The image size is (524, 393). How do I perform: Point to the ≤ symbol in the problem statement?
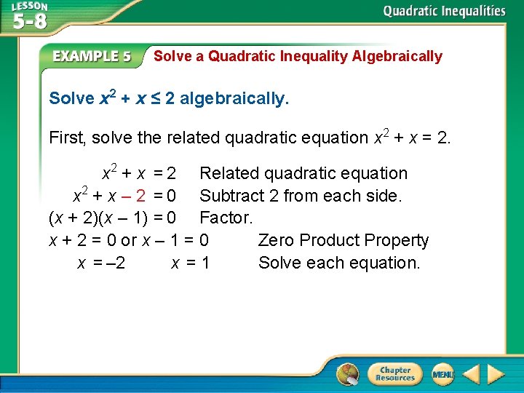pyautogui.click(x=154, y=98)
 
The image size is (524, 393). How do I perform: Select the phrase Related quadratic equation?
pyautogui.click(x=303, y=173)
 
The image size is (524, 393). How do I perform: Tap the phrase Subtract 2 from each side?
pyautogui.click(x=301, y=196)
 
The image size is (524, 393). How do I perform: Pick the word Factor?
pyautogui.click(x=226, y=218)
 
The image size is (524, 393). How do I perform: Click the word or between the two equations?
pyautogui.click(x=129, y=240)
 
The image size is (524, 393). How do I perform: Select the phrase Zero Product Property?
pyautogui.click(x=344, y=240)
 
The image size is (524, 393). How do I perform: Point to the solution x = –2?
pyautogui.click(x=101, y=263)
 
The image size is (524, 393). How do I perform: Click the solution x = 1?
pyautogui.click(x=191, y=263)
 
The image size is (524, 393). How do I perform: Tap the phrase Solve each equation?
pyautogui.click(x=339, y=263)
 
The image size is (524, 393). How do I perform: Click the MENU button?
pyautogui.click(x=442, y=374)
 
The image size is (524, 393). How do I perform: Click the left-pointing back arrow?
pyautogui.click(x=471, y=374)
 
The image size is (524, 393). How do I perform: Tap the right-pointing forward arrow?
pyautogui.click(x=496, y=374)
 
